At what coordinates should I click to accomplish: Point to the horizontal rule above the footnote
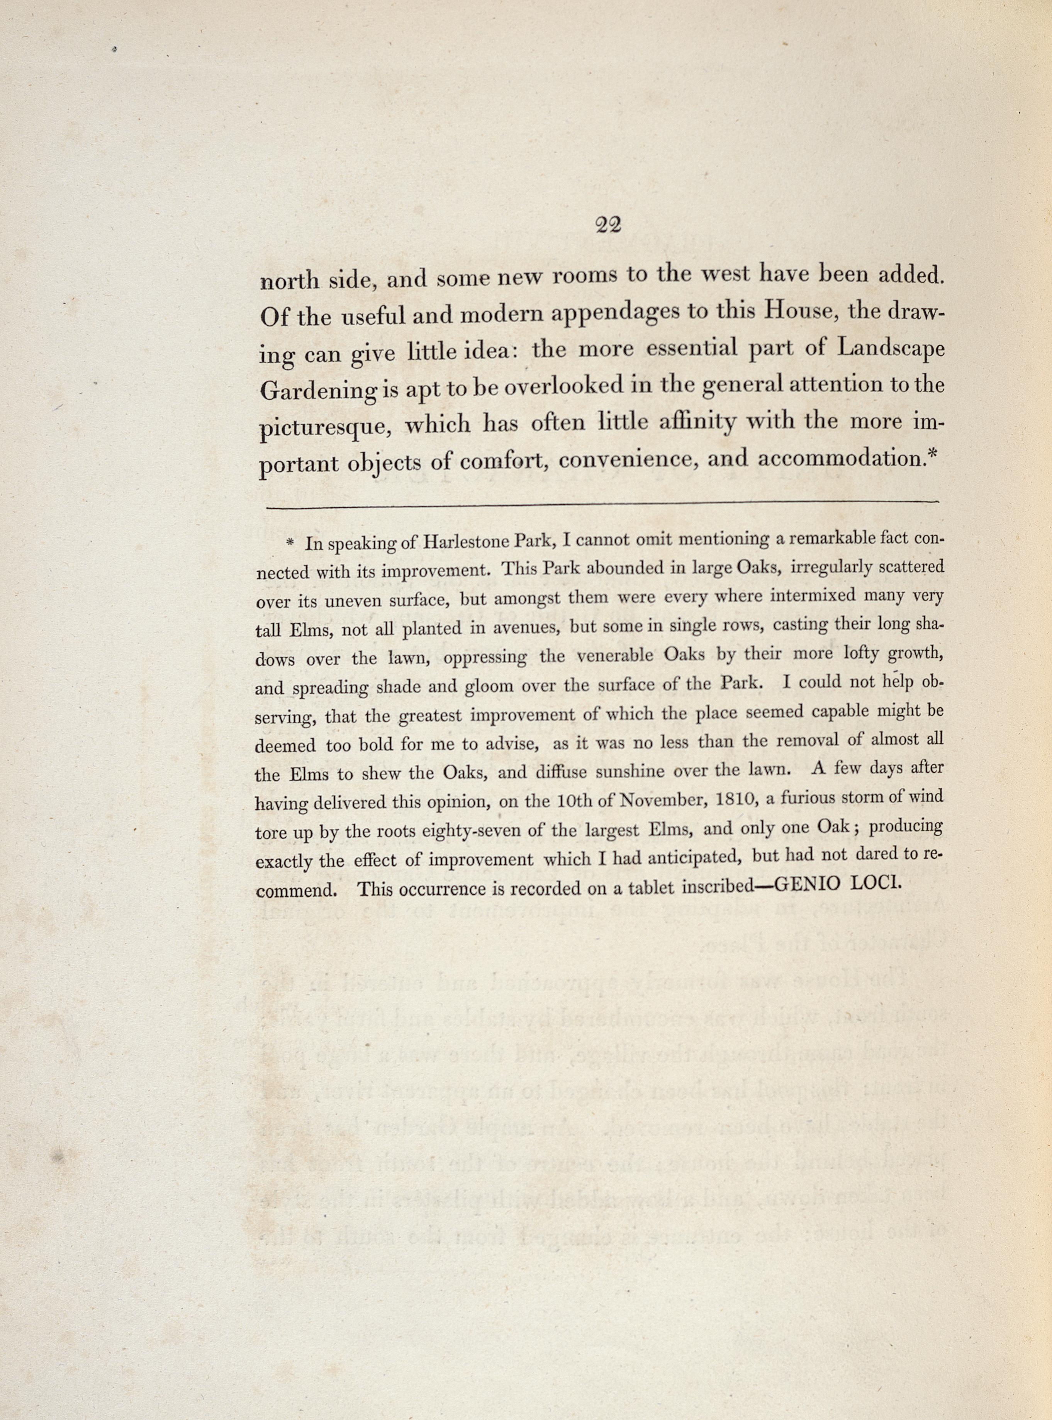(x=602, y=505)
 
